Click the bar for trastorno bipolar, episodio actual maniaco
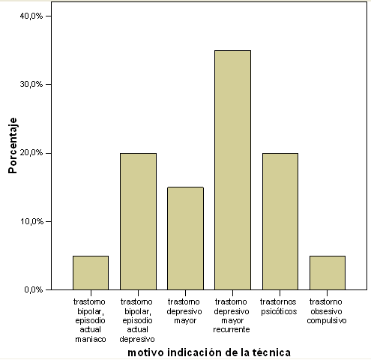click(91, 273)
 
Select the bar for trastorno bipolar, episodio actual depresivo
click(138, 221)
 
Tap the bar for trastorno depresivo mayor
click(185, 238)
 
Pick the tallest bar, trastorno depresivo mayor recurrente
click(232, 170)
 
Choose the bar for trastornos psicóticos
click(280, 221)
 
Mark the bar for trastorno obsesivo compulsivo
click(328, 273)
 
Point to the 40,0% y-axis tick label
click(31, 16)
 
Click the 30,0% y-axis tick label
click(31, 84)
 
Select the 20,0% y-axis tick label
click(31, 153)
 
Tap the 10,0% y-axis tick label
click(31, 221)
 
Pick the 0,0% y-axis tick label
click(34, 289)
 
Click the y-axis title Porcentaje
click(13, 145)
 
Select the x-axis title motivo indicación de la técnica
click(209, 352)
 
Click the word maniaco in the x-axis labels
click(91, 339)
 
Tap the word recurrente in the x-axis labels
click(232, 329)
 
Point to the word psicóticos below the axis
click(279, 312)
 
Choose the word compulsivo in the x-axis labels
click(327, 321)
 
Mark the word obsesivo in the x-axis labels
click(326, 311)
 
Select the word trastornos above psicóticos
click(278, 301)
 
